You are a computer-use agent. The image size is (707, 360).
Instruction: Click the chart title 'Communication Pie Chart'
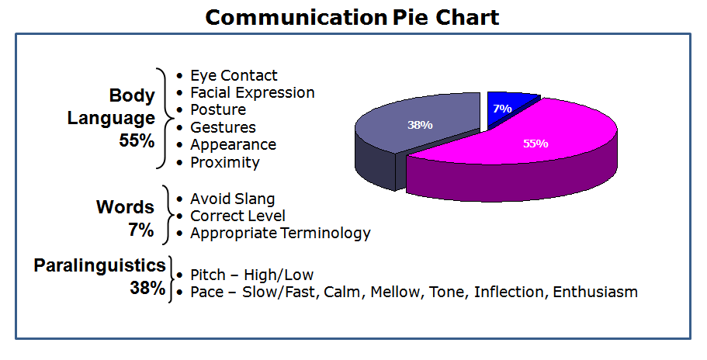tap(352, 18)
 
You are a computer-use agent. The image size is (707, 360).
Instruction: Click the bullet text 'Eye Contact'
tap(234, 75)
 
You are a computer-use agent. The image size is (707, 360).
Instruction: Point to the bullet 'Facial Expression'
tap(252, 92)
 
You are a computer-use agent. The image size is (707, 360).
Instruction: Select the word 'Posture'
tap(218, 109)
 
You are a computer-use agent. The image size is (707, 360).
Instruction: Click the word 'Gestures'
tap(223, 127)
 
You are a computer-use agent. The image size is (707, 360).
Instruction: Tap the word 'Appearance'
tap(233, 144)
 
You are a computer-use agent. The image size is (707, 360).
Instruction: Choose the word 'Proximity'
tap(224, 162)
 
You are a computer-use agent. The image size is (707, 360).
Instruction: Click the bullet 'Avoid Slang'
tap(232, 199)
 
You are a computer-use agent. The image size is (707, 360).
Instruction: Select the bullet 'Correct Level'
tap(237, 216)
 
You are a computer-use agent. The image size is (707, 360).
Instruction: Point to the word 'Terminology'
tap(325, 234)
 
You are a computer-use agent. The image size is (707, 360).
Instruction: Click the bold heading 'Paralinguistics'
tap(99, 265)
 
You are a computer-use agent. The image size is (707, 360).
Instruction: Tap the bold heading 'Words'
tap(125, 207)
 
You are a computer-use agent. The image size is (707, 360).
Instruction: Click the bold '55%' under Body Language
tap(137, 140)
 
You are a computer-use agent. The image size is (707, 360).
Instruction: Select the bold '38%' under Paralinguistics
tap(147, 288)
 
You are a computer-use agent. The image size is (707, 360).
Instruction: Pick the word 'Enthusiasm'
tap(595, 292)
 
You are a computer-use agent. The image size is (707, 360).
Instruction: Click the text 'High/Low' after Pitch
tap(278, 275)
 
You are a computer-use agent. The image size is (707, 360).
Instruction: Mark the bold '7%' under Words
tap(140, 230)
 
